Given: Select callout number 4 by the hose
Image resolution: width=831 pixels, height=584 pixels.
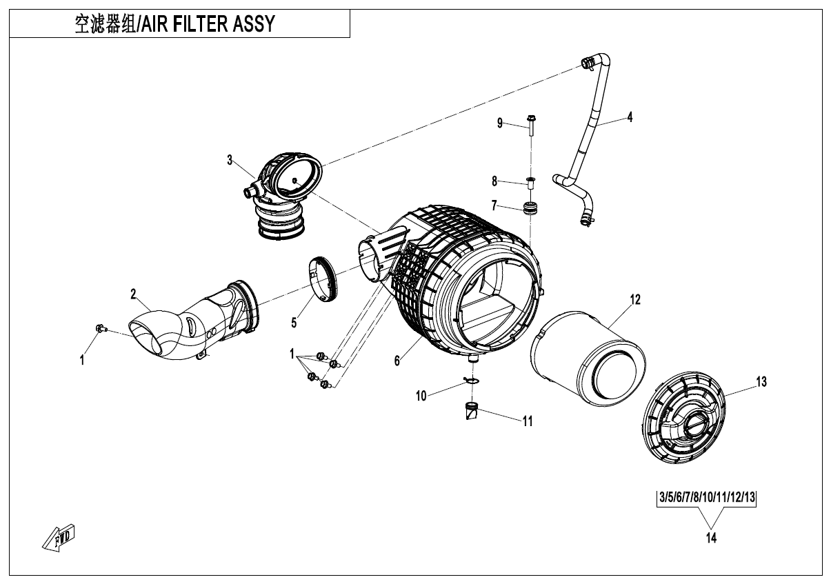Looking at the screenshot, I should point(629,117).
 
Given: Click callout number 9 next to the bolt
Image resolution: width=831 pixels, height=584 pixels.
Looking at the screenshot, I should point(500,123).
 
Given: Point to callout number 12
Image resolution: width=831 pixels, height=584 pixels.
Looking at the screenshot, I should point(634,299).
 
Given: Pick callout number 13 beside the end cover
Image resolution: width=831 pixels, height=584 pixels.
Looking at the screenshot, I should point(761,381).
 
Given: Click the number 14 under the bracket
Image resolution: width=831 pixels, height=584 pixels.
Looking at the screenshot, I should point(710,538).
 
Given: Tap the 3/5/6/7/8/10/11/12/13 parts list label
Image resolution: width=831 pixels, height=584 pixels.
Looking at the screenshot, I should point(706,496).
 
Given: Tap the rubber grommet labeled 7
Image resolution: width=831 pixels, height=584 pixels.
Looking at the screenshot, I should point(531,208).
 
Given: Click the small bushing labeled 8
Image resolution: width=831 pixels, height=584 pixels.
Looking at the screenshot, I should point(530,183).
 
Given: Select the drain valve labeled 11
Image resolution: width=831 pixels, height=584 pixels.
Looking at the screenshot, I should point(471,413).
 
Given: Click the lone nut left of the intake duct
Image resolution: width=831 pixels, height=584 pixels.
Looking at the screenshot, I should point(100,328).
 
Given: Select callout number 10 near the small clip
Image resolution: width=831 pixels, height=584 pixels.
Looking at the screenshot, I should point(421,395).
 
